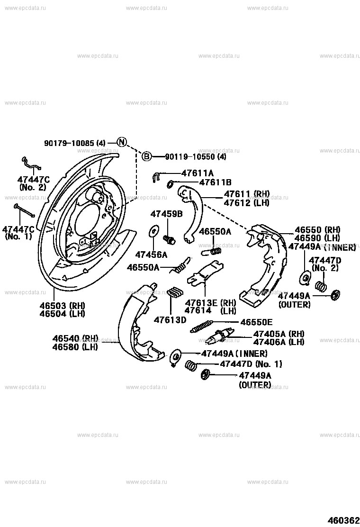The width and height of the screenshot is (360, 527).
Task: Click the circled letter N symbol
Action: pos(122,142)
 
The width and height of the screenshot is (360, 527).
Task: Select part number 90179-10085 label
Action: pos(74,142)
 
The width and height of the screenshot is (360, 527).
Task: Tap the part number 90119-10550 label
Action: pos(195,157)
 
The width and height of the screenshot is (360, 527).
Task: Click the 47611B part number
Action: pos(215,182)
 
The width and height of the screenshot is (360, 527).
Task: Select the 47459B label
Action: pos(166,214)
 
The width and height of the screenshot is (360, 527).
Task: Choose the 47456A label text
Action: pos(152,254)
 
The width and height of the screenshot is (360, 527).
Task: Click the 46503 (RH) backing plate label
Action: pos(62,305)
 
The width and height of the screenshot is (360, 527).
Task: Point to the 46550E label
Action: pos(257,322)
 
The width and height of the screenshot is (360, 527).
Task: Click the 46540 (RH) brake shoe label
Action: pos(75,338)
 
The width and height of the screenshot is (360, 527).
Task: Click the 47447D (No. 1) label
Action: pos(251,364)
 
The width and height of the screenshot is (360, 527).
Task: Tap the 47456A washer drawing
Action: pos(153,231)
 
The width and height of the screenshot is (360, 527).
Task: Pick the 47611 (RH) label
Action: pos(246,194)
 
